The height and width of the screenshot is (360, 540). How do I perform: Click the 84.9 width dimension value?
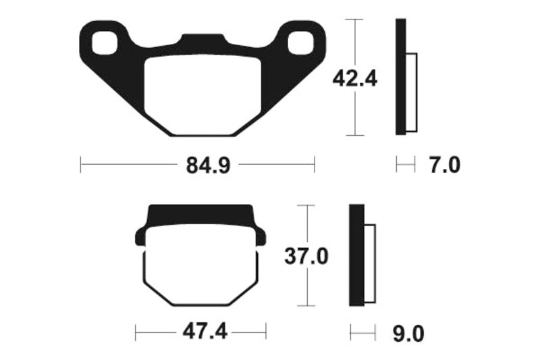pyautogui.click(x=197, y=165)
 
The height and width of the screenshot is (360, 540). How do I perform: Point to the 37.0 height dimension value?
pyautogui.click(x=308, y=257)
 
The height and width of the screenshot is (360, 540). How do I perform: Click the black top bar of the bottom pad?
pyautogui.click(x=200, y=214)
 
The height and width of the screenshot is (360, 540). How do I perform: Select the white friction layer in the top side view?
pyautogui.click(x=412, y=92)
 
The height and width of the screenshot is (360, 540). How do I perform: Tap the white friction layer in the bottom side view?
pyautogui.click(x=369, y=263)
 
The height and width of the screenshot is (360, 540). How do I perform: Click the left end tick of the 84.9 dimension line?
pyautogui.click(x=80, y=165)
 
